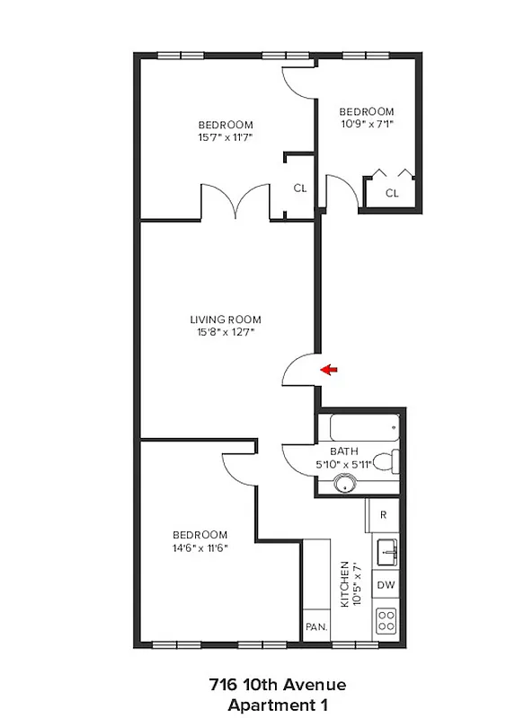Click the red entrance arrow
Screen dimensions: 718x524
(x=330, y=369)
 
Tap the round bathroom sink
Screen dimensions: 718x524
(x=342, y=484)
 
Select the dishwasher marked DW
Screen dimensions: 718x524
(x=385, y=585)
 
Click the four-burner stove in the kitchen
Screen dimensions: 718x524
(x=386, y=620)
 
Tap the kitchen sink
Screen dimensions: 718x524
(x=386, y=550)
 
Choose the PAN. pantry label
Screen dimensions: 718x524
(x=315, y=626)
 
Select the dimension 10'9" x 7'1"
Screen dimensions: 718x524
(x=366, y=125)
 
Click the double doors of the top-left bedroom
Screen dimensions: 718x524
(x=235, y=203)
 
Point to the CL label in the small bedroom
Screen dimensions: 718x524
(x=392, y=193)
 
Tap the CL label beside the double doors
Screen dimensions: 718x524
(x=300, y=188)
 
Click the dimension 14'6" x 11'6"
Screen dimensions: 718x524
(x=201, y=547)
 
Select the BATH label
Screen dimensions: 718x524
(x=343, y=451)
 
